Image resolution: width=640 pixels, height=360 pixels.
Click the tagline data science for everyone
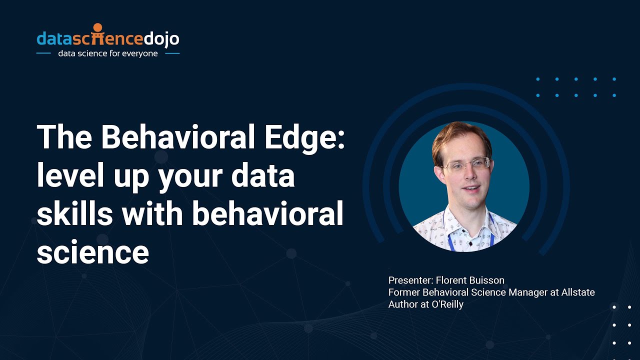(108, 53)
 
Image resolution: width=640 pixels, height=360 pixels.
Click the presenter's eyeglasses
(465, 165)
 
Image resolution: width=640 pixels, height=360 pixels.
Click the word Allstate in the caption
(577, 292)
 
